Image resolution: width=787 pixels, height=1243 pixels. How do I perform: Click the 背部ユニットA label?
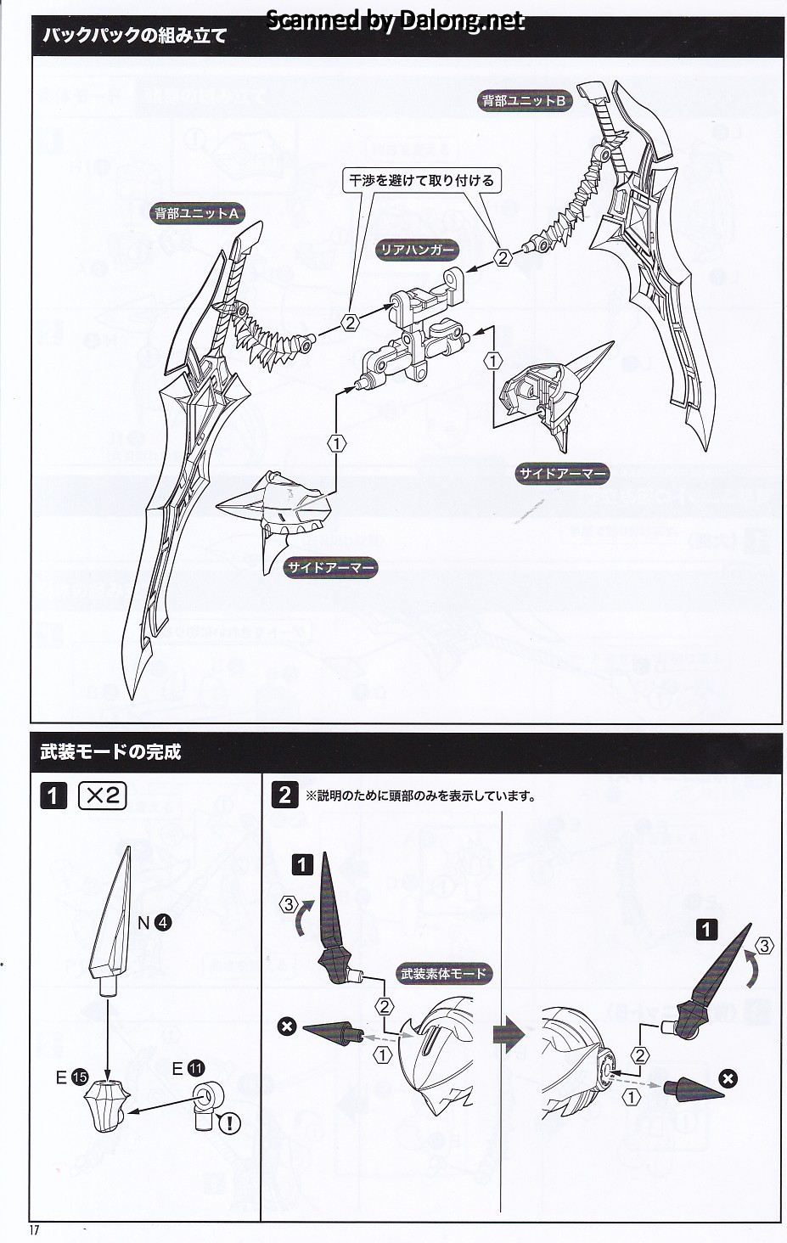pos(197,214)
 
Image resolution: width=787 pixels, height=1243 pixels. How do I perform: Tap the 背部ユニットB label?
pos(524,101)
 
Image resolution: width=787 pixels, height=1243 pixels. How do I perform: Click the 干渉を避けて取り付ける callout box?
pos(421,180)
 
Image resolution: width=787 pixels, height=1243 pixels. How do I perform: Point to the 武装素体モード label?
pos(443,973)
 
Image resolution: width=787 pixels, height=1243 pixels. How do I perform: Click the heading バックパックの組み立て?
pos(135,36)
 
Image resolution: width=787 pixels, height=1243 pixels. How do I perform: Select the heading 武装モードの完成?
pos(110,752)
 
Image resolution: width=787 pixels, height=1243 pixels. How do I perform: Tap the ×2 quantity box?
pos(103,796)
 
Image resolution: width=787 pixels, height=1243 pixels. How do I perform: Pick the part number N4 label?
pos(155,923)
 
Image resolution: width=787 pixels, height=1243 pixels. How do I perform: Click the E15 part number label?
pos(72,1077)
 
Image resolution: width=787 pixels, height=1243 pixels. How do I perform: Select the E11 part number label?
pos(188,1067)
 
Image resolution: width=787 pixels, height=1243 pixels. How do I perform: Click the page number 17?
pos(35,1229)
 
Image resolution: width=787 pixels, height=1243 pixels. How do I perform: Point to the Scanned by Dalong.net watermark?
pos(395,20)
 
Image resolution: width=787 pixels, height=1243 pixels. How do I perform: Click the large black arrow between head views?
pos(509,1035)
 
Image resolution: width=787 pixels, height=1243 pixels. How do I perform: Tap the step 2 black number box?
pos(284,796)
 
